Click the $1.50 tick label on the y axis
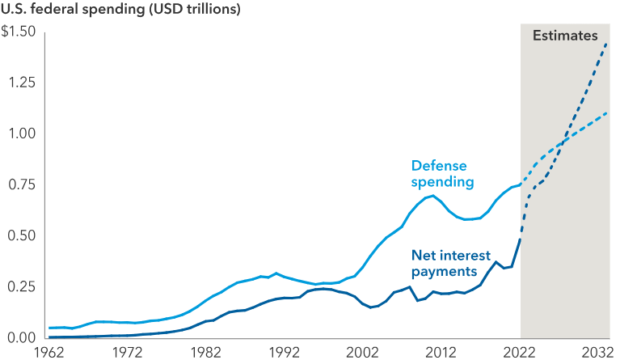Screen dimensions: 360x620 [18, 32]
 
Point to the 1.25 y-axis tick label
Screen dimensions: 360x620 [19, 83]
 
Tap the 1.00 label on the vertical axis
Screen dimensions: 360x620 [19, 133]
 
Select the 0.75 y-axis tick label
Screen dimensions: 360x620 [19, 184]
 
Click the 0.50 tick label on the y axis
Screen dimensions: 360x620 [19, 235]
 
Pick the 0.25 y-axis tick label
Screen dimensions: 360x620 [19, 286]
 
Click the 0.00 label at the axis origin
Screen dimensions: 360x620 [19, 337]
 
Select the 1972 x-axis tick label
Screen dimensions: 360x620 [128, 352]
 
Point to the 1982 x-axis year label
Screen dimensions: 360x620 [206, 352]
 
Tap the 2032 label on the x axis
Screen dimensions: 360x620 [596, 352]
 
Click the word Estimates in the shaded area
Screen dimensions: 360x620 [565, 36]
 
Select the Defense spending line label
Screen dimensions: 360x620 [442, 173]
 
